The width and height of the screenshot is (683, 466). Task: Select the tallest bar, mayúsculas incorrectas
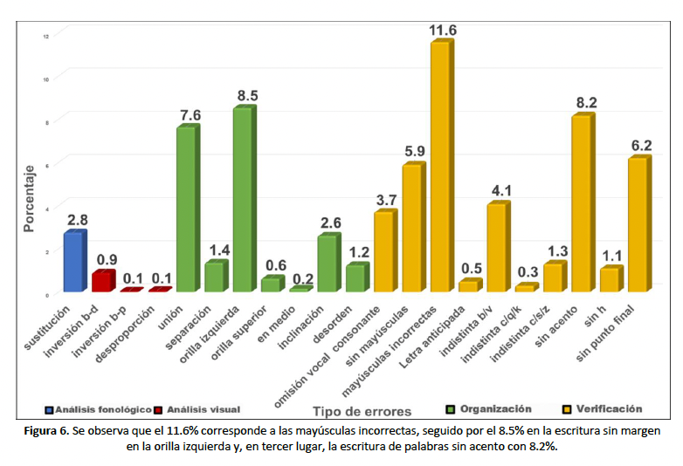pyautogui.click(x=440, y=166)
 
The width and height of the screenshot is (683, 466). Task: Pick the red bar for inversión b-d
pyautogui.click(x=102, y=281)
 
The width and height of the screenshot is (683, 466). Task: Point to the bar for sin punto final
pyautogui.click(x=638, y=224)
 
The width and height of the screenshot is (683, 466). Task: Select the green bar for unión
pyautogui.click(x=186, y=209)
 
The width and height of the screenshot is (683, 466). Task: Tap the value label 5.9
pyautogui.click(x=414, y=152)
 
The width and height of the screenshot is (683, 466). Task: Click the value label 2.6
pyautogui.click(x=329, y=223)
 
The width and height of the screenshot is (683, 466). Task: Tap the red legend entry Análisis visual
pyautogui.click(x=198, y=408)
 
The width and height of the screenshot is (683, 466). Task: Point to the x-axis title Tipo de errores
pyautogui.click(x=362, y=410)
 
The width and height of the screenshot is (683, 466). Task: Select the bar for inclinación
pyautogui.click(x=327, y=264)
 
